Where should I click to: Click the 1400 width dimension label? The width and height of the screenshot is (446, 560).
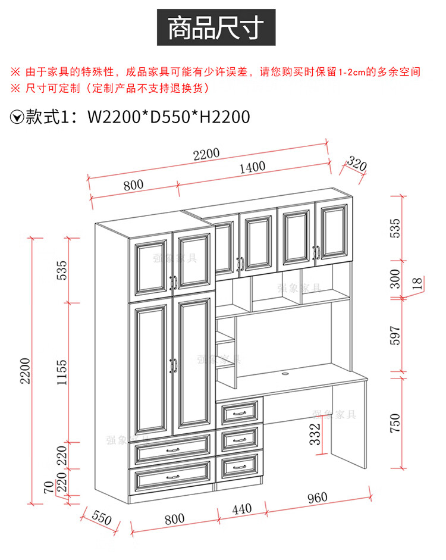[253, 167]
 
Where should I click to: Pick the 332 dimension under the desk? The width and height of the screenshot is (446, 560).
[316, 433]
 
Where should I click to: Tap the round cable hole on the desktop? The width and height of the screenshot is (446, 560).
[284, 374]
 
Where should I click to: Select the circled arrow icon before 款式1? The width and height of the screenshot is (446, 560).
[17, 117]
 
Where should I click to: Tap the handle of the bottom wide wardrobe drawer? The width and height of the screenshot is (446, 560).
[172, 477]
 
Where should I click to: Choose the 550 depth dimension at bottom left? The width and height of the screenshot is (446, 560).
[102, 518]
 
